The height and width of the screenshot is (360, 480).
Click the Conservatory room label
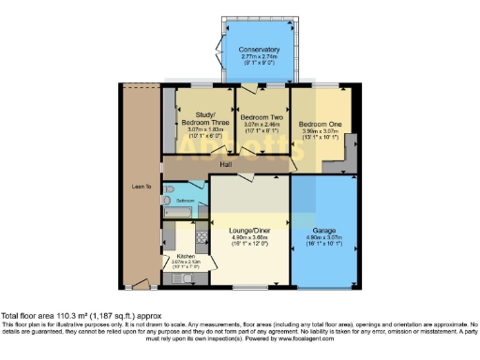pyautogui.click(x=259, y=50)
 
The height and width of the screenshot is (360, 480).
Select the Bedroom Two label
pyautogui.click(x=262, y=116)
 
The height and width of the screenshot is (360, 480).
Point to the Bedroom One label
pyautogui.click(x=318, y=124)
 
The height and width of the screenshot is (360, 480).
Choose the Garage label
pyautogui.click(x=323, y=229)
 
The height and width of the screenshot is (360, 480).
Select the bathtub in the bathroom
pyautogui.click(x=179, y=214)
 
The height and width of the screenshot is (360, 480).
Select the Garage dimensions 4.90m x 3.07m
pyautogui.click(x=323, y=237)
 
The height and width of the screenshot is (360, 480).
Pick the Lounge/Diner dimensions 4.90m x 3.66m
pyautogui.click(x=249, y=237)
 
